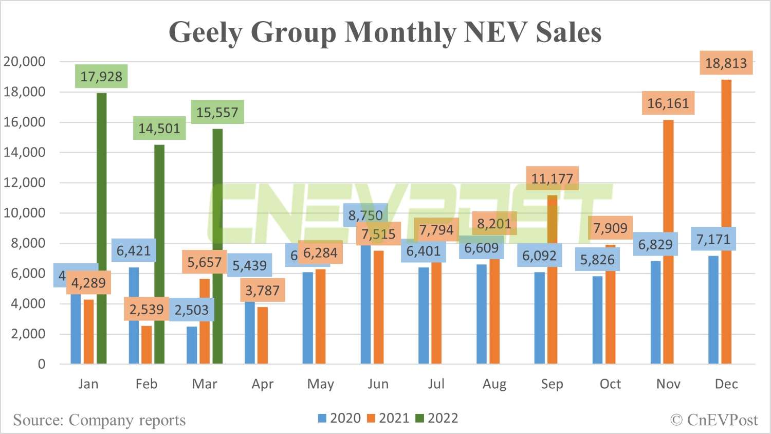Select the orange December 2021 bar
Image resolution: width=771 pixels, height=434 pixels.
[726, 221]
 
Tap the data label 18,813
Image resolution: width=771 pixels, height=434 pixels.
[726, 63]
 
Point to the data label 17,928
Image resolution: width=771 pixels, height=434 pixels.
[101, 77]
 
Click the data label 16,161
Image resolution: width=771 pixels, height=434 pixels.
[668, 103]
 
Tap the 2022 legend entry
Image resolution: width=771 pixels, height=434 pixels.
[437, 418]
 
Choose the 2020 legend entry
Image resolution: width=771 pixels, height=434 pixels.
[340, 418]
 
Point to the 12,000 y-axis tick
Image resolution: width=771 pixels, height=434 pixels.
[25, 183]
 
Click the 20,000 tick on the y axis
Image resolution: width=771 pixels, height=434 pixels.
[25, 62]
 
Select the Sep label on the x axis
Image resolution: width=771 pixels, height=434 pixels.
[552, 384]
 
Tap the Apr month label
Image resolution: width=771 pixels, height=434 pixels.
[263, 384]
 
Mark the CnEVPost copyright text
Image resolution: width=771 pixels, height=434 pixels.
[714, 420]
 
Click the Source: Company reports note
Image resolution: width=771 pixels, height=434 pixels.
[99, 420]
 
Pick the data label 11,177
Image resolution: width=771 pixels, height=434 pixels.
[552, 178]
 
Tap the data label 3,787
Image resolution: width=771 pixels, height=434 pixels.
[262, 291]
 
